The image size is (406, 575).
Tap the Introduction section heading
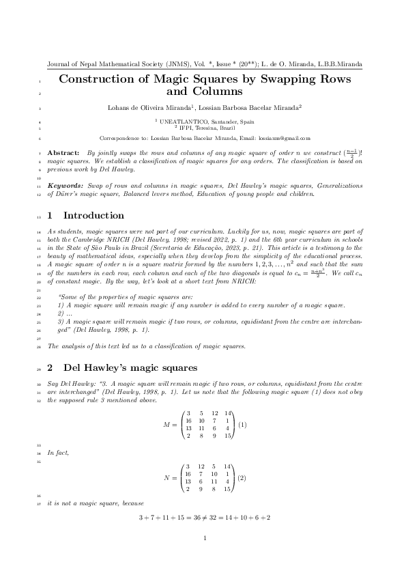pyautogui.click(x=85, y=216)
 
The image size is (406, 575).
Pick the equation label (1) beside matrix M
pyautogui.click(x=242, y=425)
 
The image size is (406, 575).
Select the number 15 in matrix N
pyautogui.click(x=227, y=489)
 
